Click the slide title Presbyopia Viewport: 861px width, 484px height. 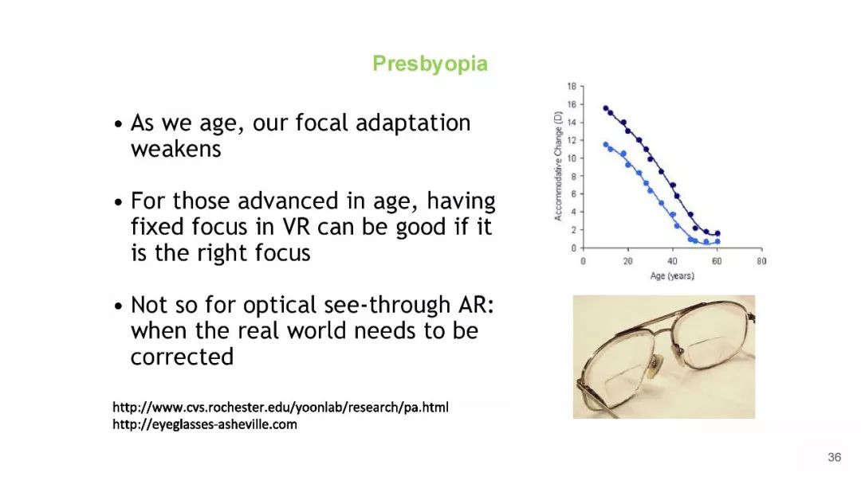[x=430, y=64]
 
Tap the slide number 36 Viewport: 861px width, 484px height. [x=834, y=457]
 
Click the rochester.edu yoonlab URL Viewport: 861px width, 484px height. [x=281, y=408]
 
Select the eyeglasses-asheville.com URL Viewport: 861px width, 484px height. [x=205, y=424]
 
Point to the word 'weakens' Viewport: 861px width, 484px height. [x=175, y=149]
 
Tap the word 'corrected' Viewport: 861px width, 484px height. [x=182, y=357]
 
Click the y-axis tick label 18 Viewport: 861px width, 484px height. [x=572, y=86]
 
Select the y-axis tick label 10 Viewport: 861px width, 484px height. [x=572, y=158]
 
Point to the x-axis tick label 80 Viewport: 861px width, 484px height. [x=761, y=261]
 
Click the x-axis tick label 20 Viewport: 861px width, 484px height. [x=627, y=261]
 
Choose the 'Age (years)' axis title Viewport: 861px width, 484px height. [x=672, y=275]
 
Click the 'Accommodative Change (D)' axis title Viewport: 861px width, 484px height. [x=558, y=166]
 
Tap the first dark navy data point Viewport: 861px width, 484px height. [x=606, y=108]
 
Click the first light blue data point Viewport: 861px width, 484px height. [x=606, y=145]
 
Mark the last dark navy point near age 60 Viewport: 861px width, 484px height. [x=717, y=233]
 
